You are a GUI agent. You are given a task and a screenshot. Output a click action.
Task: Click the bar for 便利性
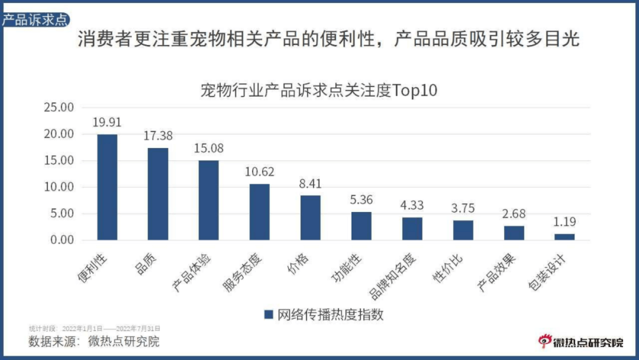click(x=107, y=187)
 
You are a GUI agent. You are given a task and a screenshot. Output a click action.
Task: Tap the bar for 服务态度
click(x=259, y=212)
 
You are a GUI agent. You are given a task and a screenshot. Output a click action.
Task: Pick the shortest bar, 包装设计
click(x=564, y=236)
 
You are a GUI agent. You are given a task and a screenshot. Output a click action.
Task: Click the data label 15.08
click(x=208, y=148)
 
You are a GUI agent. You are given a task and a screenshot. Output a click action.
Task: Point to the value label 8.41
click(x=310, y=183)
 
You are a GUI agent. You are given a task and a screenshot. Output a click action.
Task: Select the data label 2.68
click(x=514, y=214)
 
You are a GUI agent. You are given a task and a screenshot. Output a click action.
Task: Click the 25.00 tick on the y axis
click(x=58, y=107)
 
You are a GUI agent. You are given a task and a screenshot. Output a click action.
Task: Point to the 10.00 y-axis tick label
click(x=58, y=187)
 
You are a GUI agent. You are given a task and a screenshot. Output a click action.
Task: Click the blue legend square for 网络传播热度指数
click(x=268, y=314)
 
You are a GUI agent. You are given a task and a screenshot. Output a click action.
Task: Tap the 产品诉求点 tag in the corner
click(x=34, y=20)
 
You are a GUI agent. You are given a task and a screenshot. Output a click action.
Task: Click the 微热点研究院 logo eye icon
click(x=544, y=340)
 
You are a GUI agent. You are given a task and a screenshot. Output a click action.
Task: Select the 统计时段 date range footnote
click(x=94, y=328)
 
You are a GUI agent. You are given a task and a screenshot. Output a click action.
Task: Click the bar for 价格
click(x=310, y=217)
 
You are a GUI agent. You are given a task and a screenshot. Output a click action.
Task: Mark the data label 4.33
click(x=412, y=205)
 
